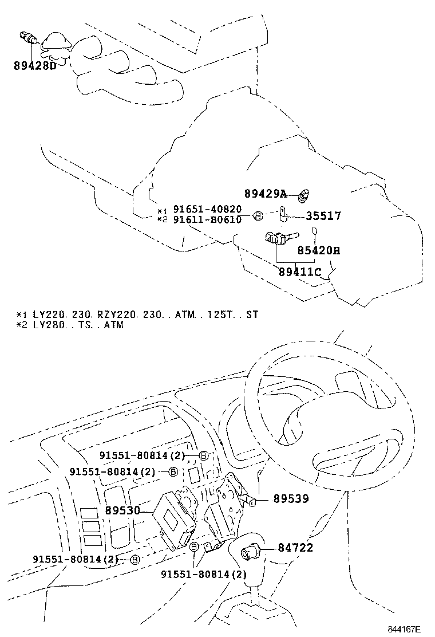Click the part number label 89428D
(x=35, y=66)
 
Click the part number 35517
(x=323, y=216)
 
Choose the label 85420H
(x=318, y=250)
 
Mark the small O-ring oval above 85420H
(x=314, y=231)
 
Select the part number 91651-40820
(x=207, y=210)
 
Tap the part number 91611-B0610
(x=207, y=220)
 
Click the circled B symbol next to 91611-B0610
(x=258, y=216)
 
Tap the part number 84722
(x=295, y=548)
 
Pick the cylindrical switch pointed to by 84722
(x=251, y=551)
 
